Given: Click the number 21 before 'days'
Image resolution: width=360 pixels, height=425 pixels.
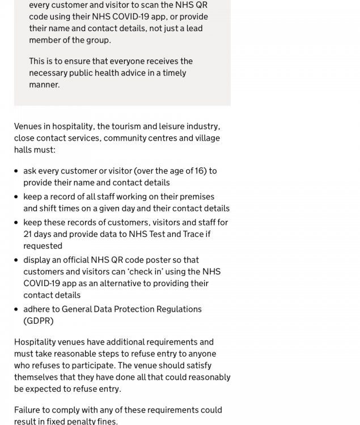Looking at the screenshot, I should coord(28,234).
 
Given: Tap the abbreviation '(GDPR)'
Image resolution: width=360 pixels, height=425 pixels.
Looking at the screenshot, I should coord(39,321).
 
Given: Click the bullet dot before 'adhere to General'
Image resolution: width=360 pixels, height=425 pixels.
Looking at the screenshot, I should coord(16,309).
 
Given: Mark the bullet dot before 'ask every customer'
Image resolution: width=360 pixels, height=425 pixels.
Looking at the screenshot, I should coord(16,171).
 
